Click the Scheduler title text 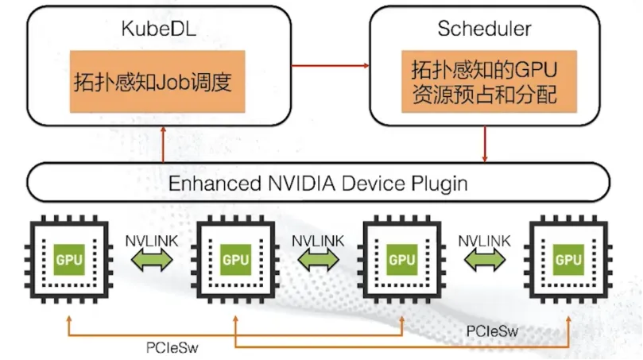[484, 29]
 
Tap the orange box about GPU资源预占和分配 [484, 82]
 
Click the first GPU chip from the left [69, 259]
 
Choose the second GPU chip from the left [235, 259]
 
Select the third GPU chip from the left [401, 259]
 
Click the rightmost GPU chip [568, 259]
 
